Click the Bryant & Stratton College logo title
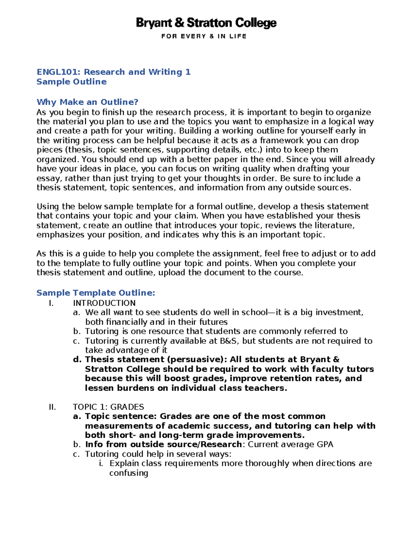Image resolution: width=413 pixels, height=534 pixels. (206, 23)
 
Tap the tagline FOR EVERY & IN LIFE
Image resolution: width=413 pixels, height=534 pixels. (204, 36)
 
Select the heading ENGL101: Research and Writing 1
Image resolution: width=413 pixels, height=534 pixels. (114, 72)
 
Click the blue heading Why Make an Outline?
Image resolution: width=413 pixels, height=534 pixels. (87, 102)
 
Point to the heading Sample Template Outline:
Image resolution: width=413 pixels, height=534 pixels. (96, 293)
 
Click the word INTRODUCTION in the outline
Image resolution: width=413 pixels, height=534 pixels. (104, 303)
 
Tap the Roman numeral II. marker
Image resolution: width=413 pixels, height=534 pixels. (52, 407)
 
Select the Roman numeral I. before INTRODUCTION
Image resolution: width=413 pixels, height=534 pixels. (51, 303)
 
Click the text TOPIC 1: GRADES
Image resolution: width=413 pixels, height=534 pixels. (108, 407)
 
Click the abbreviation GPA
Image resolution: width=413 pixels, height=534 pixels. (325, 445)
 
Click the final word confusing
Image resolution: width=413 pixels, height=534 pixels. (129, 473)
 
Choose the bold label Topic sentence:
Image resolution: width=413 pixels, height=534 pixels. (121, 416)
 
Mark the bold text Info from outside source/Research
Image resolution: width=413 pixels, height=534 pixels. (163, 445)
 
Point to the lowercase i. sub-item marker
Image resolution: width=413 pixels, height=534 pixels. (100, 464)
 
